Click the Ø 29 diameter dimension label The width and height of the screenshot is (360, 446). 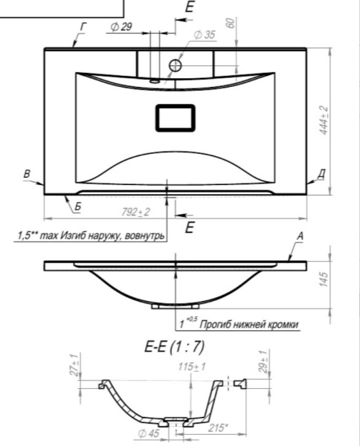(x=121, y=27)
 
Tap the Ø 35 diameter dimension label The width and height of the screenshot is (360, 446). (x=205, y=35)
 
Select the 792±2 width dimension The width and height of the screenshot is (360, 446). (x=135, y=212)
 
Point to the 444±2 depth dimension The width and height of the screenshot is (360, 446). (x=324, y=120)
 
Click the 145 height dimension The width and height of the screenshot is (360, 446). (x=324, y=279)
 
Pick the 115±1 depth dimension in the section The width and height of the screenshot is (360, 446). (x=192, y=366)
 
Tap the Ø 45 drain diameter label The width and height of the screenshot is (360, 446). (x=149, y=433)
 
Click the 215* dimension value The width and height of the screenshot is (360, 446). (x=219, y=427)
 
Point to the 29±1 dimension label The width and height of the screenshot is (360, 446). (x=263, y=362)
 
